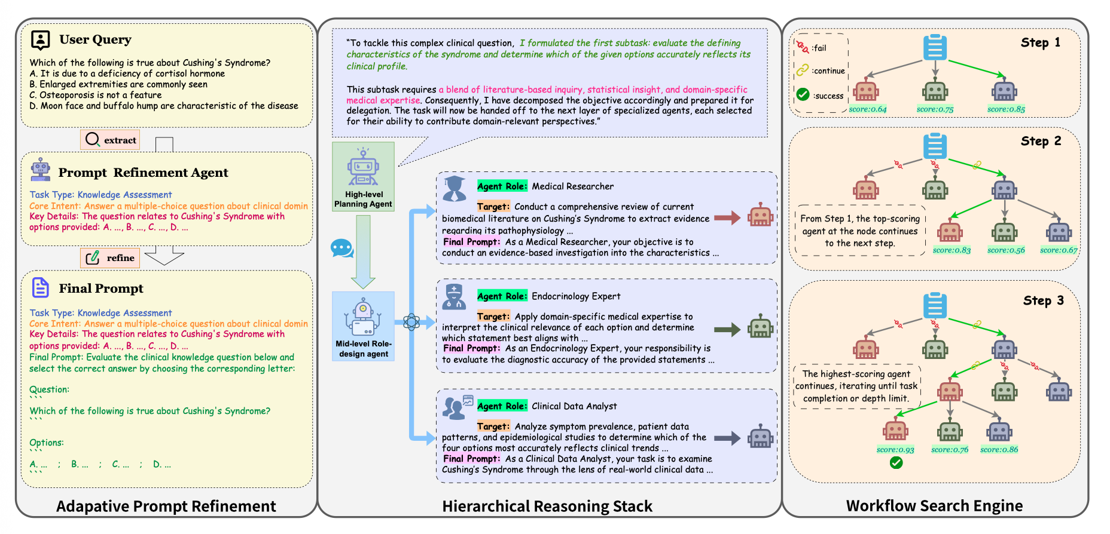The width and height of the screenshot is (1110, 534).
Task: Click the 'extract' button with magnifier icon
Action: pos(110,140)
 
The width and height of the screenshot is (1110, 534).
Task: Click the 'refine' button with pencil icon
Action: pos(110,258)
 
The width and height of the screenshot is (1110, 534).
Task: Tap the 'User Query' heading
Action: pos(95,39)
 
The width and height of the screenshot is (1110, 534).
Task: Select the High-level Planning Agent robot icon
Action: pos(363,167)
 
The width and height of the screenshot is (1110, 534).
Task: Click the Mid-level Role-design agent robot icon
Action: pos(363,317)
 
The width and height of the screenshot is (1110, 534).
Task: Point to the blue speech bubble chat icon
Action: pos(342,248)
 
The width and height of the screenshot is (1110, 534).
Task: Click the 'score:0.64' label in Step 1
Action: pos(868,109)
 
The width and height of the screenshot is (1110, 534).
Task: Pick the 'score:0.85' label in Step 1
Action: pos(1006,109)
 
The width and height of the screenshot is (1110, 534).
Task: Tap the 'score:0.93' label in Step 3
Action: pos(895,450)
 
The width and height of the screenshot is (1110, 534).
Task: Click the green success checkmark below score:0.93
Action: pos(896,463)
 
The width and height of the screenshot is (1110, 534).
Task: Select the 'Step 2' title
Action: pos(1041,141)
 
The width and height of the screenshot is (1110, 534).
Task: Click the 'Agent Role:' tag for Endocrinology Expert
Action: pos(502,296)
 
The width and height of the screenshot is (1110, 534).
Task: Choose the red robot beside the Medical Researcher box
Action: pos(761,216)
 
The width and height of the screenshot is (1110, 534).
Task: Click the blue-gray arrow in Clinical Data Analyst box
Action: pos(727,438)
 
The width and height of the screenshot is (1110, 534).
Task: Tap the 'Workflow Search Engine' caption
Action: pos(934,506)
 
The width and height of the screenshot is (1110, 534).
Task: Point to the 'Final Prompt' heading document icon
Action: pos(40,287)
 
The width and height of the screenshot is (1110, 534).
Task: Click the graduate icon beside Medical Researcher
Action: pos(455,189)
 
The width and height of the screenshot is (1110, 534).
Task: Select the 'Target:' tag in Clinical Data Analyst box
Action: pos(493,426)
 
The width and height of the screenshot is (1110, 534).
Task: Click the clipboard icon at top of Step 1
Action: pos(935,47)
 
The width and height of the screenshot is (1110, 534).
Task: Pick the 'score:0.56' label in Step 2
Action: pos(1006,250)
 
